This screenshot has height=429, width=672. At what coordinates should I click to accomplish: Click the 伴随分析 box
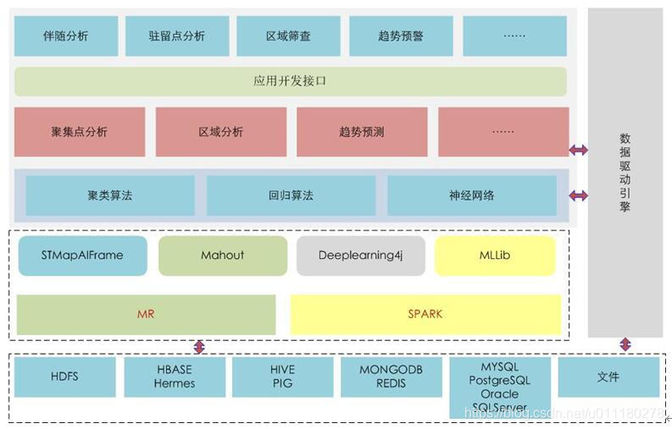click(x=66, y=36)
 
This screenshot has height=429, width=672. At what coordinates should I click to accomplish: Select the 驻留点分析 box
click(x=177, y=36)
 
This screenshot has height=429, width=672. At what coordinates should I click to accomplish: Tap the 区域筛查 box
click(x=288, y=36)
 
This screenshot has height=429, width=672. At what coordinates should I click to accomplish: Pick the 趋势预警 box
click(x=401, y=36)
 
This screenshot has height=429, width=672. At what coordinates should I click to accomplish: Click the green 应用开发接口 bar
click(x=290, y=81)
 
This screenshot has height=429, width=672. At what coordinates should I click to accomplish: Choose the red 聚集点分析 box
click(x=80, y=132)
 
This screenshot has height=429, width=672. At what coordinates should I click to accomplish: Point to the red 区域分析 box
click(x=220, y=132)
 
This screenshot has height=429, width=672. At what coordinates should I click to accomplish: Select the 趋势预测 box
click(x=361, y=132)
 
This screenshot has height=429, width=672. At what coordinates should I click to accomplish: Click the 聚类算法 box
click(x=110, y=195)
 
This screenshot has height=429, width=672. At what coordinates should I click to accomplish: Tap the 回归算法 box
click(x=291, y=195)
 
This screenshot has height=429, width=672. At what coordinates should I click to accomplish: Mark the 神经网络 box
click(x=472, y=195)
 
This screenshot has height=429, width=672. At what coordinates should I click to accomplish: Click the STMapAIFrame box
click(x=82, y=256)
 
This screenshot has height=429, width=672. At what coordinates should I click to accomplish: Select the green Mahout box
click(x=223, y=256)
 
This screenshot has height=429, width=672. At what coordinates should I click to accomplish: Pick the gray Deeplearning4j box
click(x=360, y=256)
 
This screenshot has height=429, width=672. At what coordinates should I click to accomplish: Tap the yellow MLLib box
click(x=495, y=256)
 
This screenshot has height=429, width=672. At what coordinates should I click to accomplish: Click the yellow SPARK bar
click(x=425, y=314)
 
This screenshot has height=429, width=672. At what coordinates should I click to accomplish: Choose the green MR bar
click(x=146, y=314)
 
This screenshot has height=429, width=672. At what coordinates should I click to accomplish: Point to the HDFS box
click(x=64, y=377)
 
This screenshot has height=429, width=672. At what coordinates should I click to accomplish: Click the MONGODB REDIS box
click(x=391, y=377)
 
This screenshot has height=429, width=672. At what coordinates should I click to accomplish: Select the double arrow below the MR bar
click(x=199, y=346)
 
